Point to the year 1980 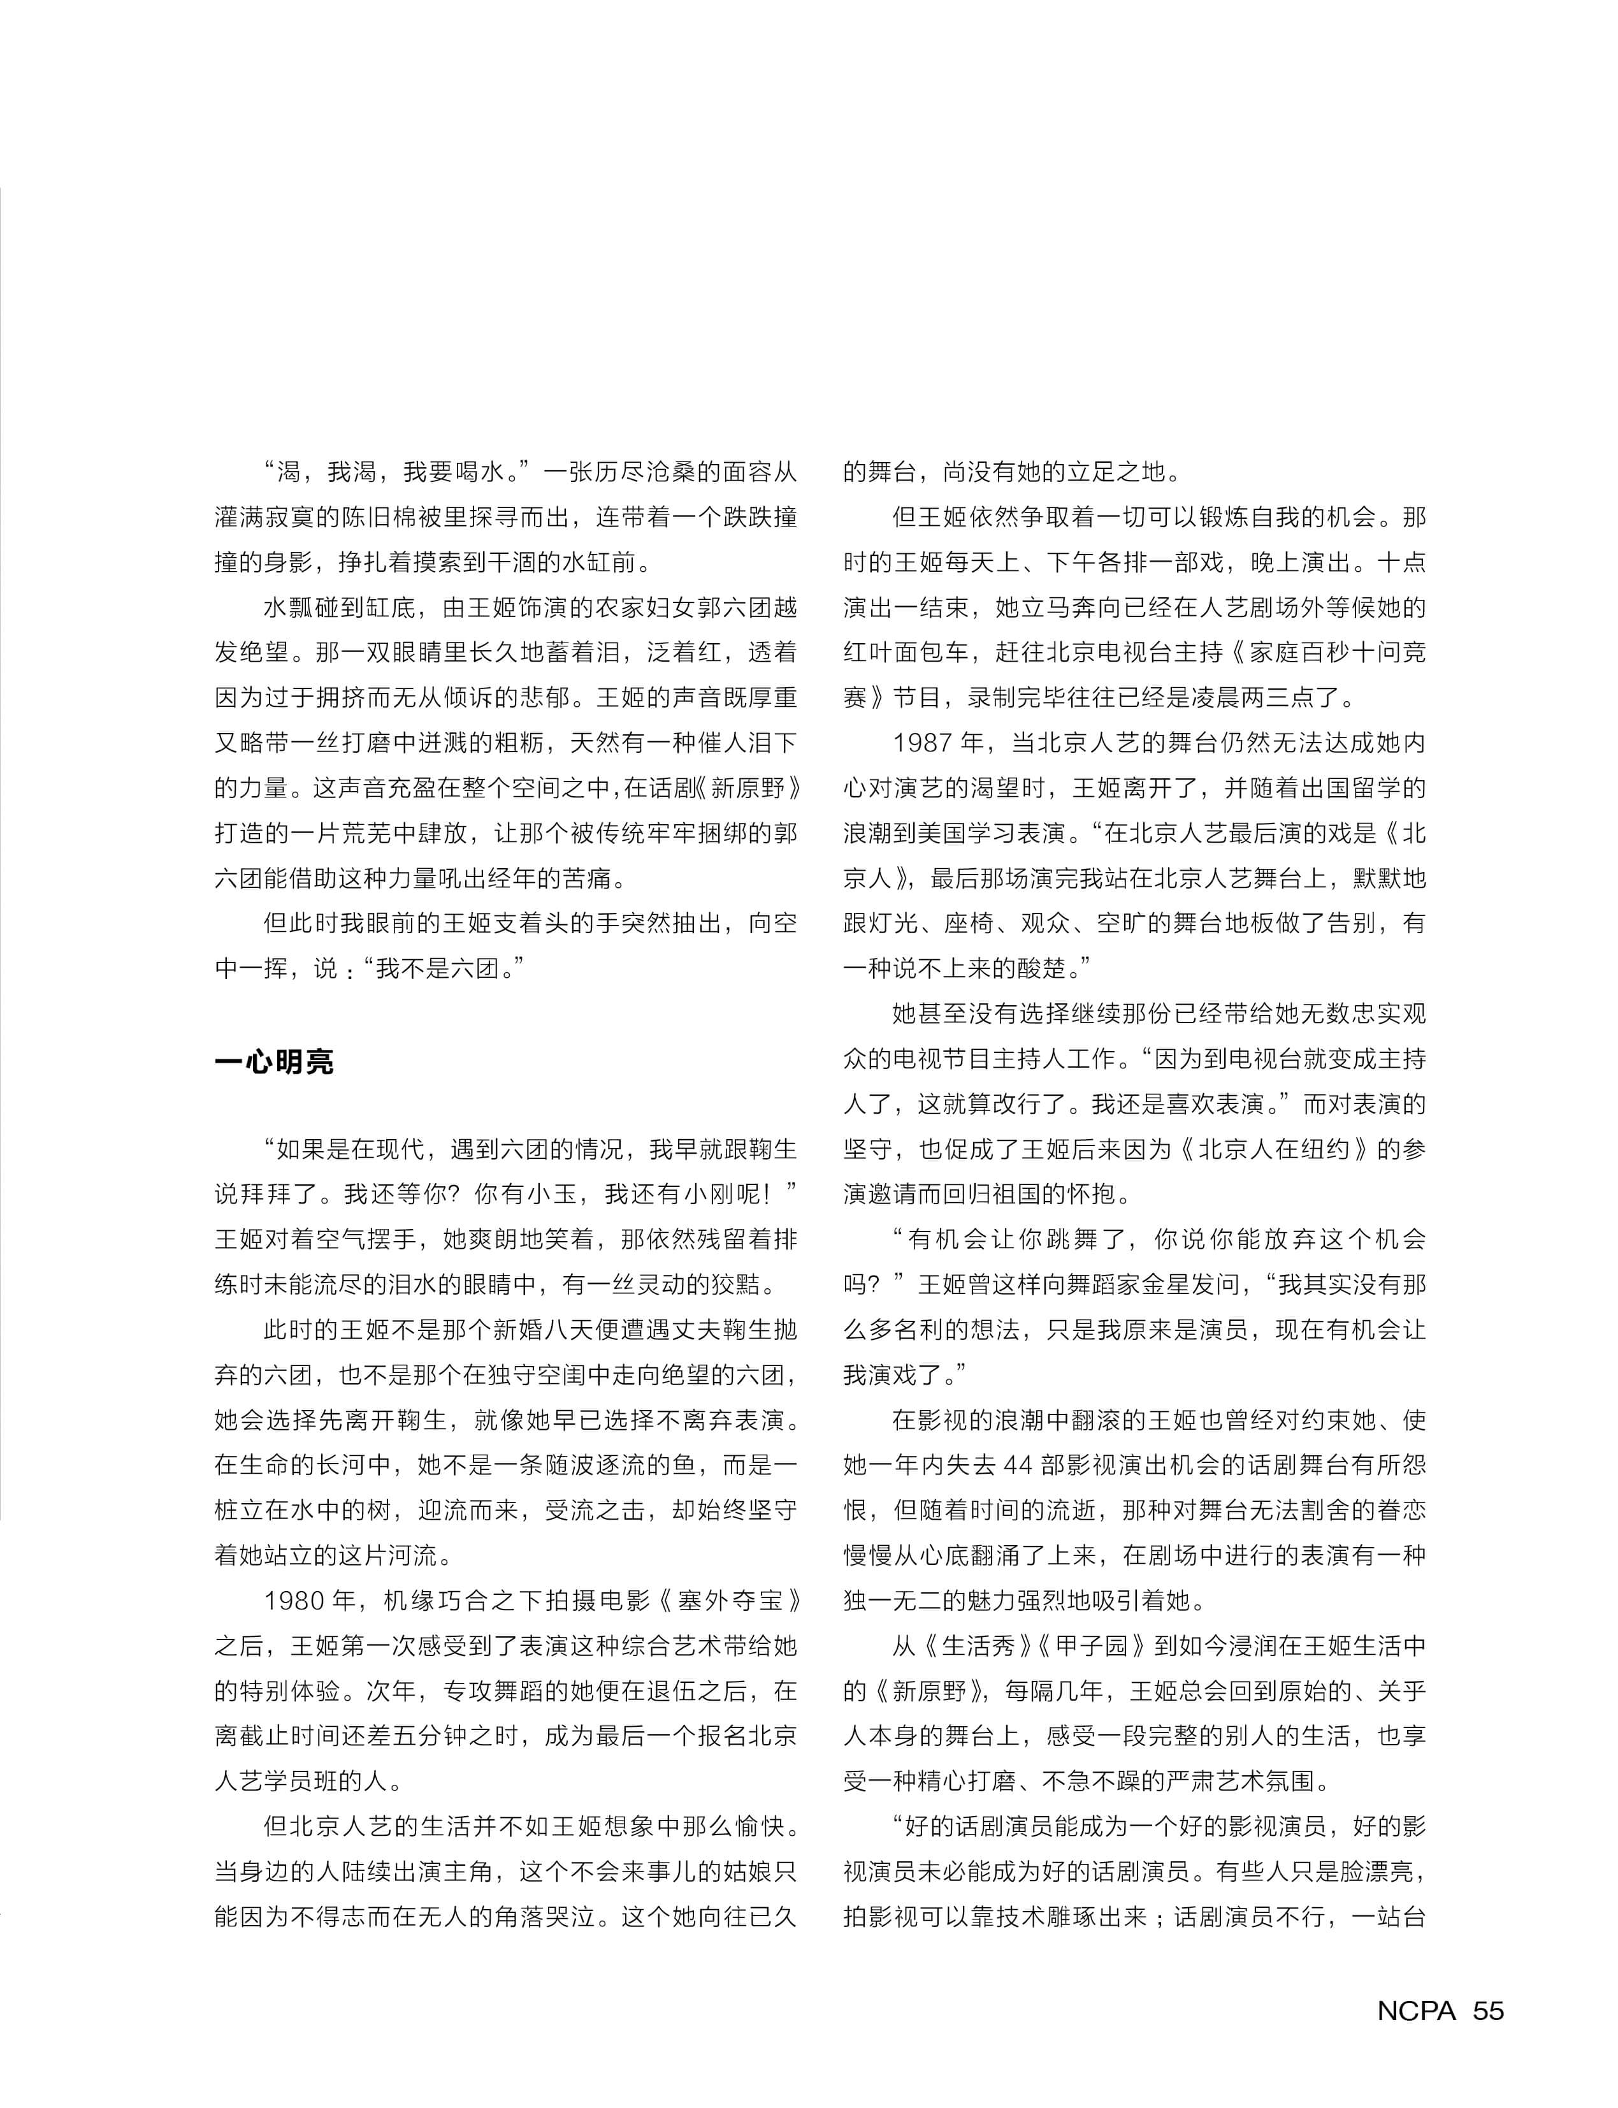point(296,1600)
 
